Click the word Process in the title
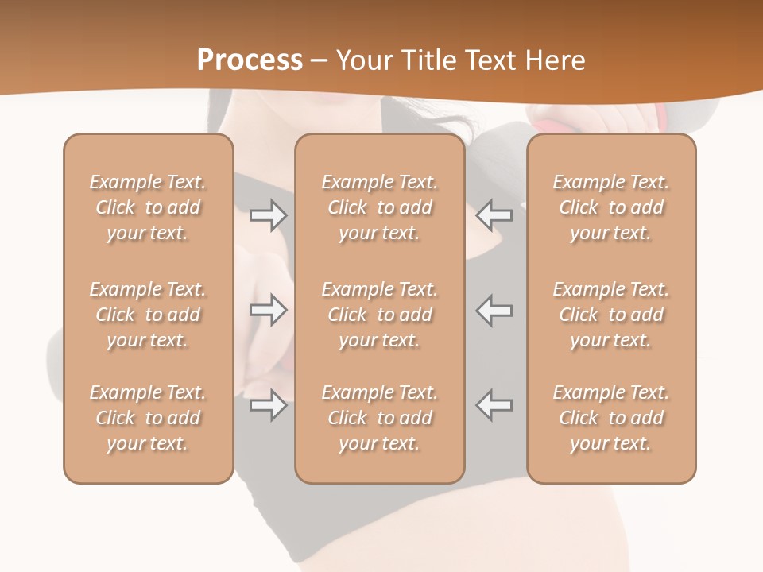point(250,60)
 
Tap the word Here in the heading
point(553,60)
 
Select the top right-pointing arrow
point(268,214)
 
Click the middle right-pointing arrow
point(268,310)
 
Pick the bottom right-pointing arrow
point(268,405)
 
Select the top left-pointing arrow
point(494,214)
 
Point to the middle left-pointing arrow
point(494,310)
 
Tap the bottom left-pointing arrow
point(494,405)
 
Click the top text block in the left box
point(148,207)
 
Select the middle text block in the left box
point(148,315)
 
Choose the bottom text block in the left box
point(148,418)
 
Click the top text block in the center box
point(380,207)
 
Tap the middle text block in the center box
point(380,315)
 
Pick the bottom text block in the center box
point(380,418)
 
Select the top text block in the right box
point(611,207)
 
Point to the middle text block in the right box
point(611,315)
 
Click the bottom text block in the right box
point(611,418)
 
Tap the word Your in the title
point(362,60)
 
